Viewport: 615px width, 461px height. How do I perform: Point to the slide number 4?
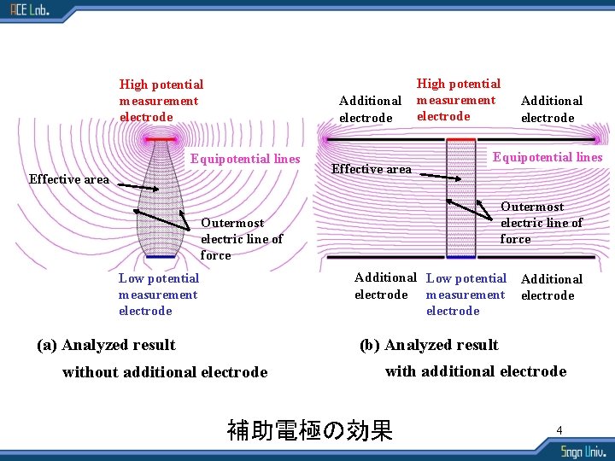coord(559,430)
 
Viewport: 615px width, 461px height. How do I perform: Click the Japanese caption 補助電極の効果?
coord(309,430)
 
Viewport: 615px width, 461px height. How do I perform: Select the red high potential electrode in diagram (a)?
coord(160,138)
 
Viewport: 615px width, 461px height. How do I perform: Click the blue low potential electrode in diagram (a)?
coord(160,256)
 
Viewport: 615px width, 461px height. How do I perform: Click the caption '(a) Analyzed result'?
coord(106,345)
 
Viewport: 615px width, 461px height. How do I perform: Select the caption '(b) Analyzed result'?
coord(429,345)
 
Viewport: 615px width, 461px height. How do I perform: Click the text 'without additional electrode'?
coord(165,372)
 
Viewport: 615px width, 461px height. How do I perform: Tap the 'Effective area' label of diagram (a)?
coord(68,179)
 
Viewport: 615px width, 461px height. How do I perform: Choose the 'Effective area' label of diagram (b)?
coord(371,169)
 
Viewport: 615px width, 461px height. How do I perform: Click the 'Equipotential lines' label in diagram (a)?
coord(245,159)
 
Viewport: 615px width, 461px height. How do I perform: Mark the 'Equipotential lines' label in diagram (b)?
coord(548,157)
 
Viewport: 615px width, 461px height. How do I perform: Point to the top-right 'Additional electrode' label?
coord(551,109)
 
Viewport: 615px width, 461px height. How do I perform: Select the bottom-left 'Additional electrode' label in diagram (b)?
coord(384,286)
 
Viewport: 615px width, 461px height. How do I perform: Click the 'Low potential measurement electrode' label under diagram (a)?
coord(158,295)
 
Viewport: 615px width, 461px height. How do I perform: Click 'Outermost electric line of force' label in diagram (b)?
coord(541,223)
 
